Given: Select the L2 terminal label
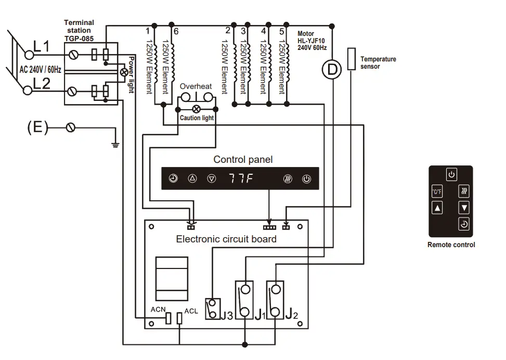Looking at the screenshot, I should point(41,83).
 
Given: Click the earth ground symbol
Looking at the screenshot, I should point(115,143).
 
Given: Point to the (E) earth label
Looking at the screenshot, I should point(37,127).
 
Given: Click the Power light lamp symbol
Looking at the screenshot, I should point(124,72).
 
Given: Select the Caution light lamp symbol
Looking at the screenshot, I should point(197,109).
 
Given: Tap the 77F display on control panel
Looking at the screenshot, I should point(241,178).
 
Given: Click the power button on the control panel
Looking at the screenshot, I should point(307,179).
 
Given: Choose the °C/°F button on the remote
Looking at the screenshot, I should point(437,191).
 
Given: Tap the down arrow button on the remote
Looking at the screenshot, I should point(464,208).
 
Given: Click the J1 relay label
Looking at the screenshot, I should point(260,314).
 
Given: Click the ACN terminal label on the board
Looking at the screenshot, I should point(158,310).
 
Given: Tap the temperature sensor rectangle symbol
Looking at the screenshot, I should point(352,57).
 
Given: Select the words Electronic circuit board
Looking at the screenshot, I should point(226,239).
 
